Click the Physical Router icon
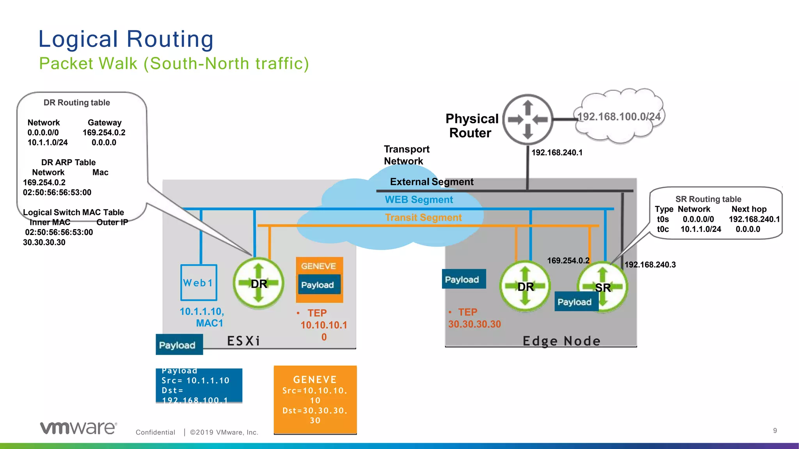click(x=527, y=119)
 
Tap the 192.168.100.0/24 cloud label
click(x=619, y=117)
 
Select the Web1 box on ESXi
click(x=199, y=283)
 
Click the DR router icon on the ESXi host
click(x=258, y=283)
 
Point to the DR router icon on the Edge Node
click(x=525, y=286)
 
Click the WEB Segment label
click(x=419, y=200)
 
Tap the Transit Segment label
click(x=423, y=217)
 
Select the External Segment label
click(x=431, y=182)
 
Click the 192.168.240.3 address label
click(x=650, y=265)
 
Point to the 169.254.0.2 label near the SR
click(x=568, y=260)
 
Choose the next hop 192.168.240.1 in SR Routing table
click(x=754, y=219)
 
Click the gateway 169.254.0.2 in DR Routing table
click(x=104, y=133)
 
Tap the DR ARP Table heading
click(x=68, y=162)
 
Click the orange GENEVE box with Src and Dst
click(x=315, y=400)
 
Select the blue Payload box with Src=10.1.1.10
click(x=199, y=385)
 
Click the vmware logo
click(x=78, y=428)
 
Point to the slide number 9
click(x=775, y=430)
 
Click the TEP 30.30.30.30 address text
click(x=474, y=324)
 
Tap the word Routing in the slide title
click(x=170, y=39)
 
